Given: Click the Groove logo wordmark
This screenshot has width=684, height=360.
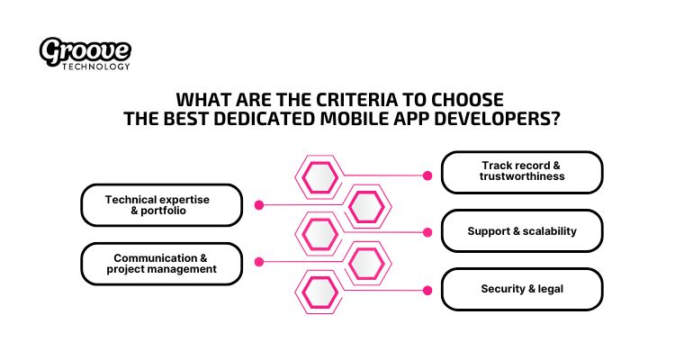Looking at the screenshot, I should [85, 51].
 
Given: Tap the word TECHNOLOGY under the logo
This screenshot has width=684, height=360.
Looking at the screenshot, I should [98, 66].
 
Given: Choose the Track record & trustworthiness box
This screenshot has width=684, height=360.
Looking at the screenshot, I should [522, 172].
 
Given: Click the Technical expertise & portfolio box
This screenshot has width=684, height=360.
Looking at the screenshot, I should [162, 204].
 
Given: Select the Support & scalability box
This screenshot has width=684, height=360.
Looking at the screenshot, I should [522, 231].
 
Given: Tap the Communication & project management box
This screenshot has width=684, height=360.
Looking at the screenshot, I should [162, 262].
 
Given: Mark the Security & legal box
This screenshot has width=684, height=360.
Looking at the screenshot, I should [522, 290].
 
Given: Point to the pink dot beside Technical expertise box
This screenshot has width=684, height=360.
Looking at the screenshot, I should [258, 204].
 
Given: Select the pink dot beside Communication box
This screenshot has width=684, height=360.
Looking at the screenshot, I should [258, 262].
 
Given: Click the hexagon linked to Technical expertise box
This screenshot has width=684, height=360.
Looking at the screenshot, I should [367, 206].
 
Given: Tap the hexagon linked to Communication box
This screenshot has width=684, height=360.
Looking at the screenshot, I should [367, 264].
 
